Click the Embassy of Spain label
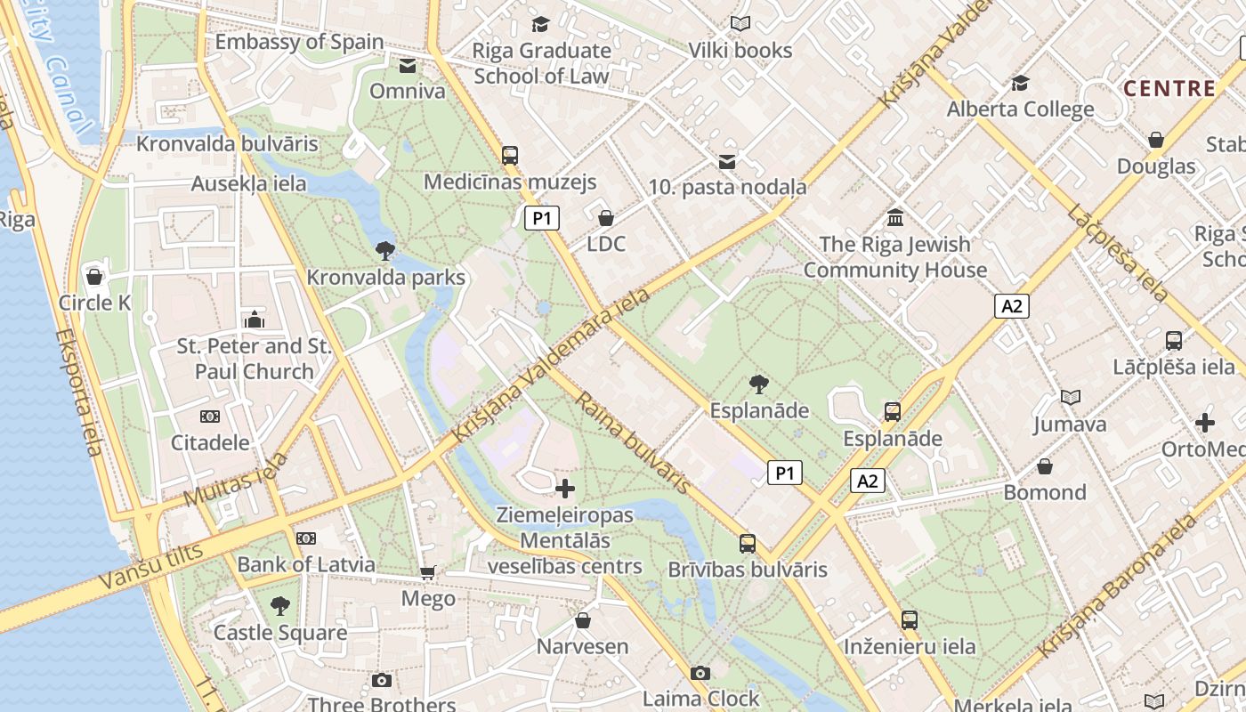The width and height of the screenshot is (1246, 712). click(299, 42)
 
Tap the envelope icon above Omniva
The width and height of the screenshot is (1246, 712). click(408, 66)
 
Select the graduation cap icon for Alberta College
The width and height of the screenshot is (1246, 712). click(1020, 84)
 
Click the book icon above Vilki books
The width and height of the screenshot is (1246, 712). click(740, 24)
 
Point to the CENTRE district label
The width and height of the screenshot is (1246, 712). click(1169, 88)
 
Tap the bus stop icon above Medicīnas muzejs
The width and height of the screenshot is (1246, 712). click(510, 155)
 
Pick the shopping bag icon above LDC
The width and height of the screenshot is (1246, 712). click(606, 218)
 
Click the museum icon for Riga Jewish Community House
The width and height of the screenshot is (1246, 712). click(895, 217)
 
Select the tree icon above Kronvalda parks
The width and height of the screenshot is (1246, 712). click(385, 251)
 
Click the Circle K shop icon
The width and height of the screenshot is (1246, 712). click(94, 277)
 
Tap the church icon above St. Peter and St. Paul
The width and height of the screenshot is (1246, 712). click(255, 320)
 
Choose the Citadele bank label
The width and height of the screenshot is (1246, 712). click(210, 442)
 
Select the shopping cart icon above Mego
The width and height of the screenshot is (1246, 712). click(428, 572)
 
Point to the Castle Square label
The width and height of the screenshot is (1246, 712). click(280, 633)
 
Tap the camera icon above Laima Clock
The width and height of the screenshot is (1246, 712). click(700, 673)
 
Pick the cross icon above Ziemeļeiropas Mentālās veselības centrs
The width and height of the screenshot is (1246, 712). click(565, 489)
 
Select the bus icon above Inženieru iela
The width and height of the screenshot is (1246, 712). click(910, 620)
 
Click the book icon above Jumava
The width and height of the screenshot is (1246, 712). click(1071, 398)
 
